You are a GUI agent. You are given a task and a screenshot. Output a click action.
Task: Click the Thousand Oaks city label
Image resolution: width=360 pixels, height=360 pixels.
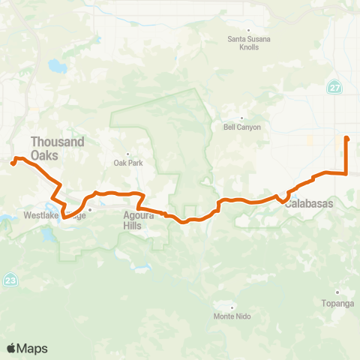tap(57, 148)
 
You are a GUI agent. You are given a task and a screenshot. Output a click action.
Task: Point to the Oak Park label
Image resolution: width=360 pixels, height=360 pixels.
tap(128, 163)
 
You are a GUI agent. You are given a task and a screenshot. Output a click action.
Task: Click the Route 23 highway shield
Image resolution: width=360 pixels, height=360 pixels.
tap(8, 279)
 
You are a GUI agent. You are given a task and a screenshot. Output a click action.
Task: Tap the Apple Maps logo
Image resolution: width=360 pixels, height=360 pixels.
tap(27, 348)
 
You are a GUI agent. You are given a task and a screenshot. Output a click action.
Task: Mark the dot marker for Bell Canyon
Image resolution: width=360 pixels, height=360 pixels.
tap(242, 118)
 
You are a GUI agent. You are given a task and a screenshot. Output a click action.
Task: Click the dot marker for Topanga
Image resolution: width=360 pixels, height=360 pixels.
tap(337, 292)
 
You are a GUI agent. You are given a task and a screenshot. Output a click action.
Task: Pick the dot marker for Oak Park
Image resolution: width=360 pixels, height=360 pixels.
tap(128, 154)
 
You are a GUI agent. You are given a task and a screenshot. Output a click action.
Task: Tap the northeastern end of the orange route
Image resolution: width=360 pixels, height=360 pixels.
tap(346, 138)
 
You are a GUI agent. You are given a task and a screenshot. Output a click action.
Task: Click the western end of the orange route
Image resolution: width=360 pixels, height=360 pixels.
tap(13, 163)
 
